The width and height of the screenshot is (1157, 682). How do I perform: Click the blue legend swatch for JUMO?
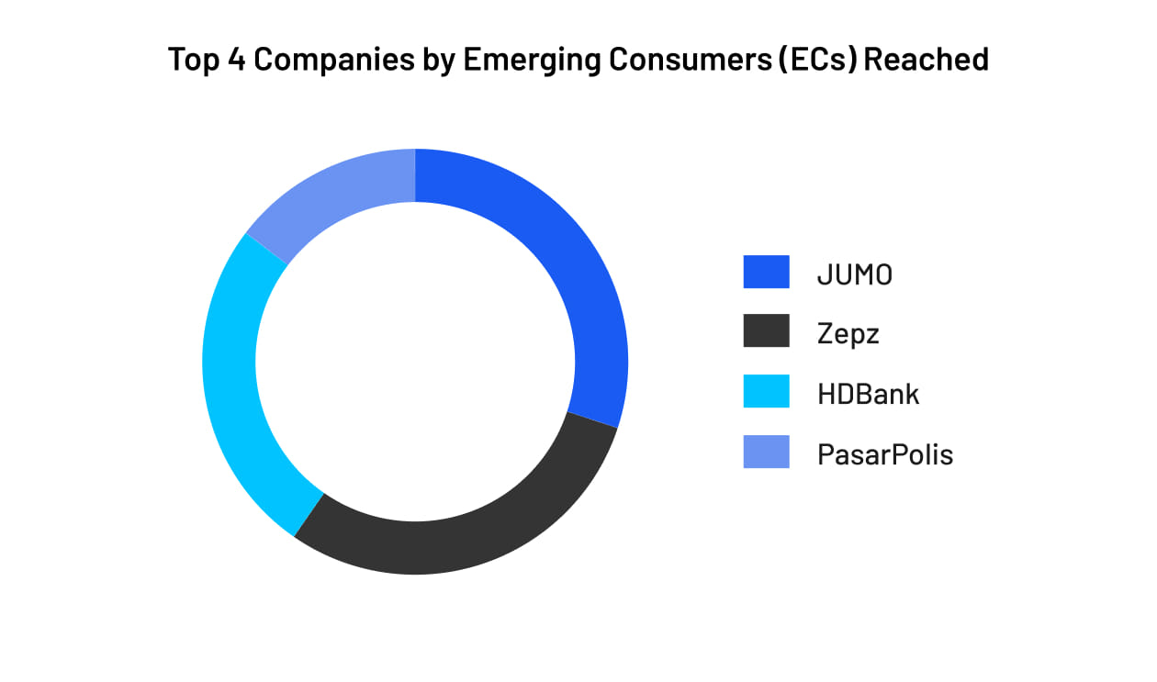(766, 273)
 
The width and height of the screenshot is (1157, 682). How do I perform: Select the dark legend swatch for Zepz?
(766, 331)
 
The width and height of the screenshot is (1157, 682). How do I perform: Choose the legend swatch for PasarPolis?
(766, 452)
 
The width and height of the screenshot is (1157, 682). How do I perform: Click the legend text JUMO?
(854, 274)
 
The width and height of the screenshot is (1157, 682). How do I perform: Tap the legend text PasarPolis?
(884, 453)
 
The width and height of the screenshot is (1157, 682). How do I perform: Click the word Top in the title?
(192, 60)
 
